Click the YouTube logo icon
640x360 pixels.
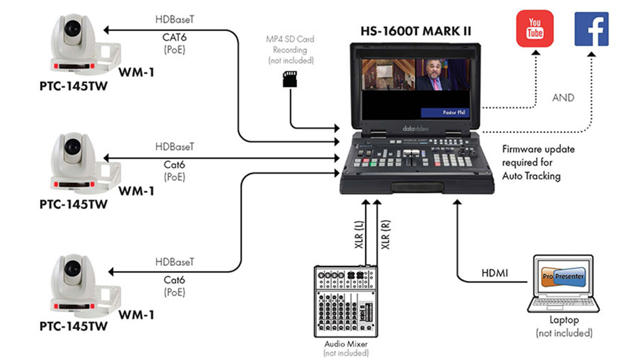point(535,28)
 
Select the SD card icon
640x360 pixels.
point(288,79)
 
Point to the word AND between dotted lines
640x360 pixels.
point(562,97)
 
